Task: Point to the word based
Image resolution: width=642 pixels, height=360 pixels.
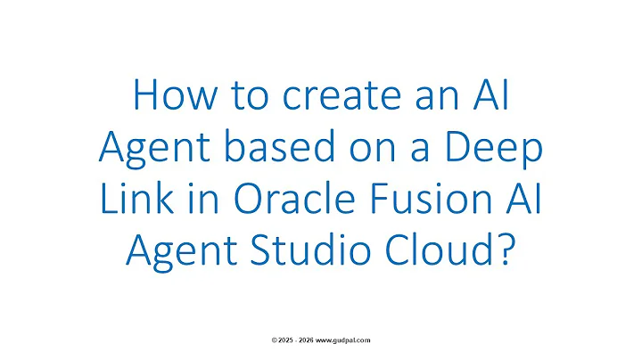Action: pos(251,148)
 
